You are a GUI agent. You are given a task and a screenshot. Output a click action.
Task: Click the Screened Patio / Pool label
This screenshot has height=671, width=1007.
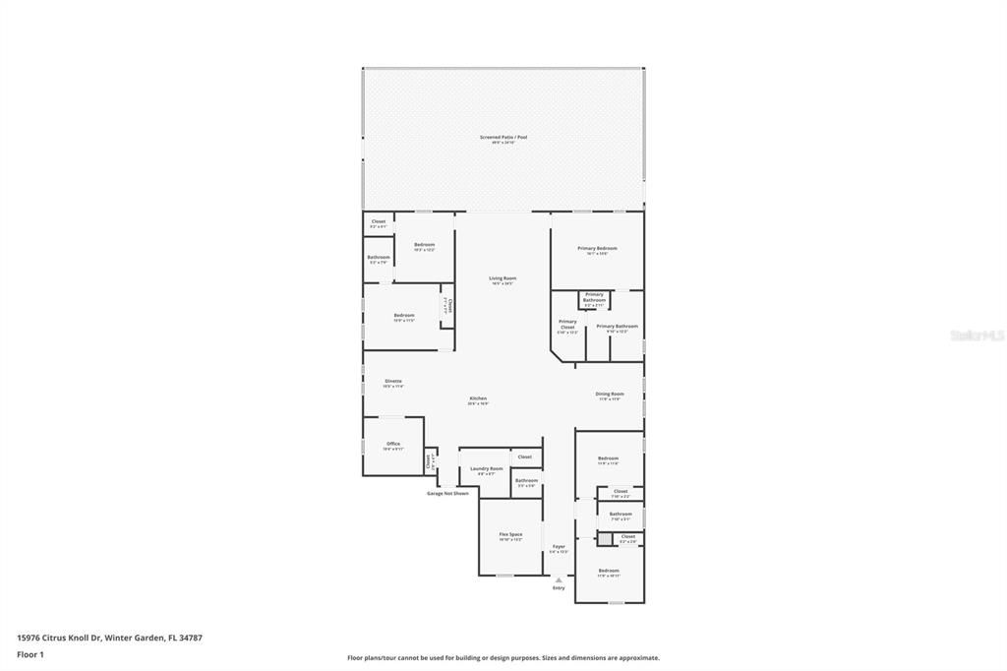[503, 137]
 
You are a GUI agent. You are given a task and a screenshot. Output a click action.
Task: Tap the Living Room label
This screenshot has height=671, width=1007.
[503, 278]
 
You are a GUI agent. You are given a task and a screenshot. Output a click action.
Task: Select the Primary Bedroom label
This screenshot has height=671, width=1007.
[597, 248]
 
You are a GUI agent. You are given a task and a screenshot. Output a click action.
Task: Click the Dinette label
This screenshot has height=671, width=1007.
[392, 381]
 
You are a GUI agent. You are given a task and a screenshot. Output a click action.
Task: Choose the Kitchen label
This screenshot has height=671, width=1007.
[477, 398]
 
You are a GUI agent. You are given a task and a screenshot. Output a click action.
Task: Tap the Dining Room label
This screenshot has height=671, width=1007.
[610, 394]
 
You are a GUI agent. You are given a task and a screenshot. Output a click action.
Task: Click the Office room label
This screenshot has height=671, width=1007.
[393, 444]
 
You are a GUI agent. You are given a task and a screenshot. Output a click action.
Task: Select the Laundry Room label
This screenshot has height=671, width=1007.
[486, 468]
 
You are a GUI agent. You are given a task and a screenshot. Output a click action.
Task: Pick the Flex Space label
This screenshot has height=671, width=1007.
[509, 534]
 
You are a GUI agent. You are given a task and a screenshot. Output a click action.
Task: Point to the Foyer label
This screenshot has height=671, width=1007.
[559, 546]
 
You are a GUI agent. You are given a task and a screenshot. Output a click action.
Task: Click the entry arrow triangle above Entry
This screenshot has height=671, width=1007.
[559, 579]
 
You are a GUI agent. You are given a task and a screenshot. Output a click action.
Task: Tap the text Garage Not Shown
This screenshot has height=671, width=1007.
[447, 493]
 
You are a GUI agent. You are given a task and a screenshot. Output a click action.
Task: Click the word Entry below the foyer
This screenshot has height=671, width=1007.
[559, 587]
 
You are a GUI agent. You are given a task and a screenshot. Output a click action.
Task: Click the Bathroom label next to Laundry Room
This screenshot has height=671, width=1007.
[526, 480]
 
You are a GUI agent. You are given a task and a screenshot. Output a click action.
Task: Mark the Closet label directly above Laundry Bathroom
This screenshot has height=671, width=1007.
[525, 457]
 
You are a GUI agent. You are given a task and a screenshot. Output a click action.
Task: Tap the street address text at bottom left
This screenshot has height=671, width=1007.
[109, 638]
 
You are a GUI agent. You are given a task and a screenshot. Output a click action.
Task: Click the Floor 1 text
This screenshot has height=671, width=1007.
[30, 654]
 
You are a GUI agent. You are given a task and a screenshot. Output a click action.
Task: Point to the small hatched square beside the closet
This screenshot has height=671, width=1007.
[604, 539]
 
